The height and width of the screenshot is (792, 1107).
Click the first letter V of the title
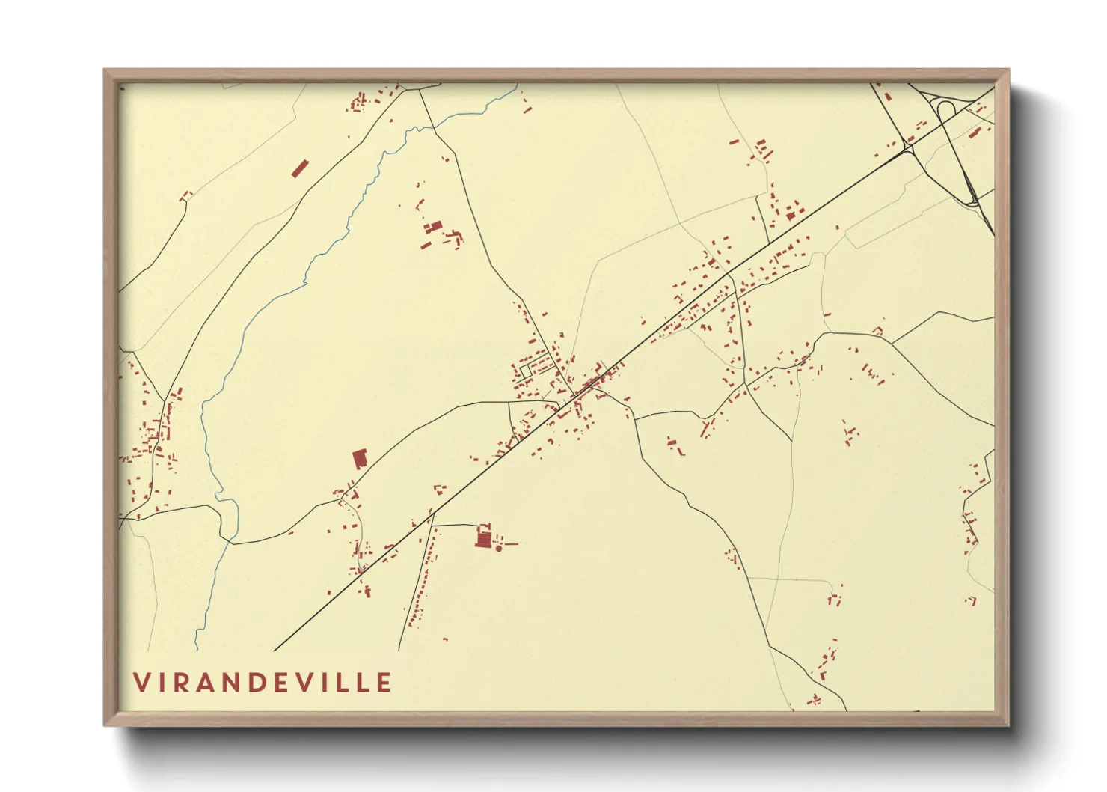tap(142, 683)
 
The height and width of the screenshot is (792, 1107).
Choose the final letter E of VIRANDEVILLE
tap(384, 683)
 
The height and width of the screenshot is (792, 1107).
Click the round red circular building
tap(499, 549)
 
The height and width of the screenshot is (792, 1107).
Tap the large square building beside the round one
tap(483, 537)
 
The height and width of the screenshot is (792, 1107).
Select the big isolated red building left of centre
tap(360, 458)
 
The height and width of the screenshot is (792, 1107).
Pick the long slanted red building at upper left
tap(299, 168)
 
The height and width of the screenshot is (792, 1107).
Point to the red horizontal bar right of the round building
tap(511, 543)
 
